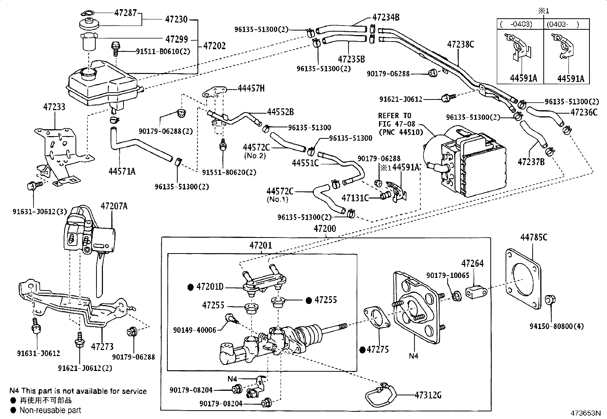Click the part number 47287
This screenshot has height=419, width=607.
point(125,13)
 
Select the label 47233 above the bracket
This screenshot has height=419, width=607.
point(54,107)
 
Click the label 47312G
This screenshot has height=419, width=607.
point(428,395)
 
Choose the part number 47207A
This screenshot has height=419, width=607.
point(114,206)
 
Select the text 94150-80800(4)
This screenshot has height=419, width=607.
point(556,326)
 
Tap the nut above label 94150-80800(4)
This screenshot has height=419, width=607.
point(550,300)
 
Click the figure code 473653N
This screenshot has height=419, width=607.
point(585,413)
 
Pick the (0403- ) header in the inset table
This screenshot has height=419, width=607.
point(562,24)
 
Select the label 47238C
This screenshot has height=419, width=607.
point(461,44)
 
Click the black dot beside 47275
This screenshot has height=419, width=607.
point(362,349)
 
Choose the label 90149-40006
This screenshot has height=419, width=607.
point(194,331)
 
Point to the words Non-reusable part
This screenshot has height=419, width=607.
point(50,411)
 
